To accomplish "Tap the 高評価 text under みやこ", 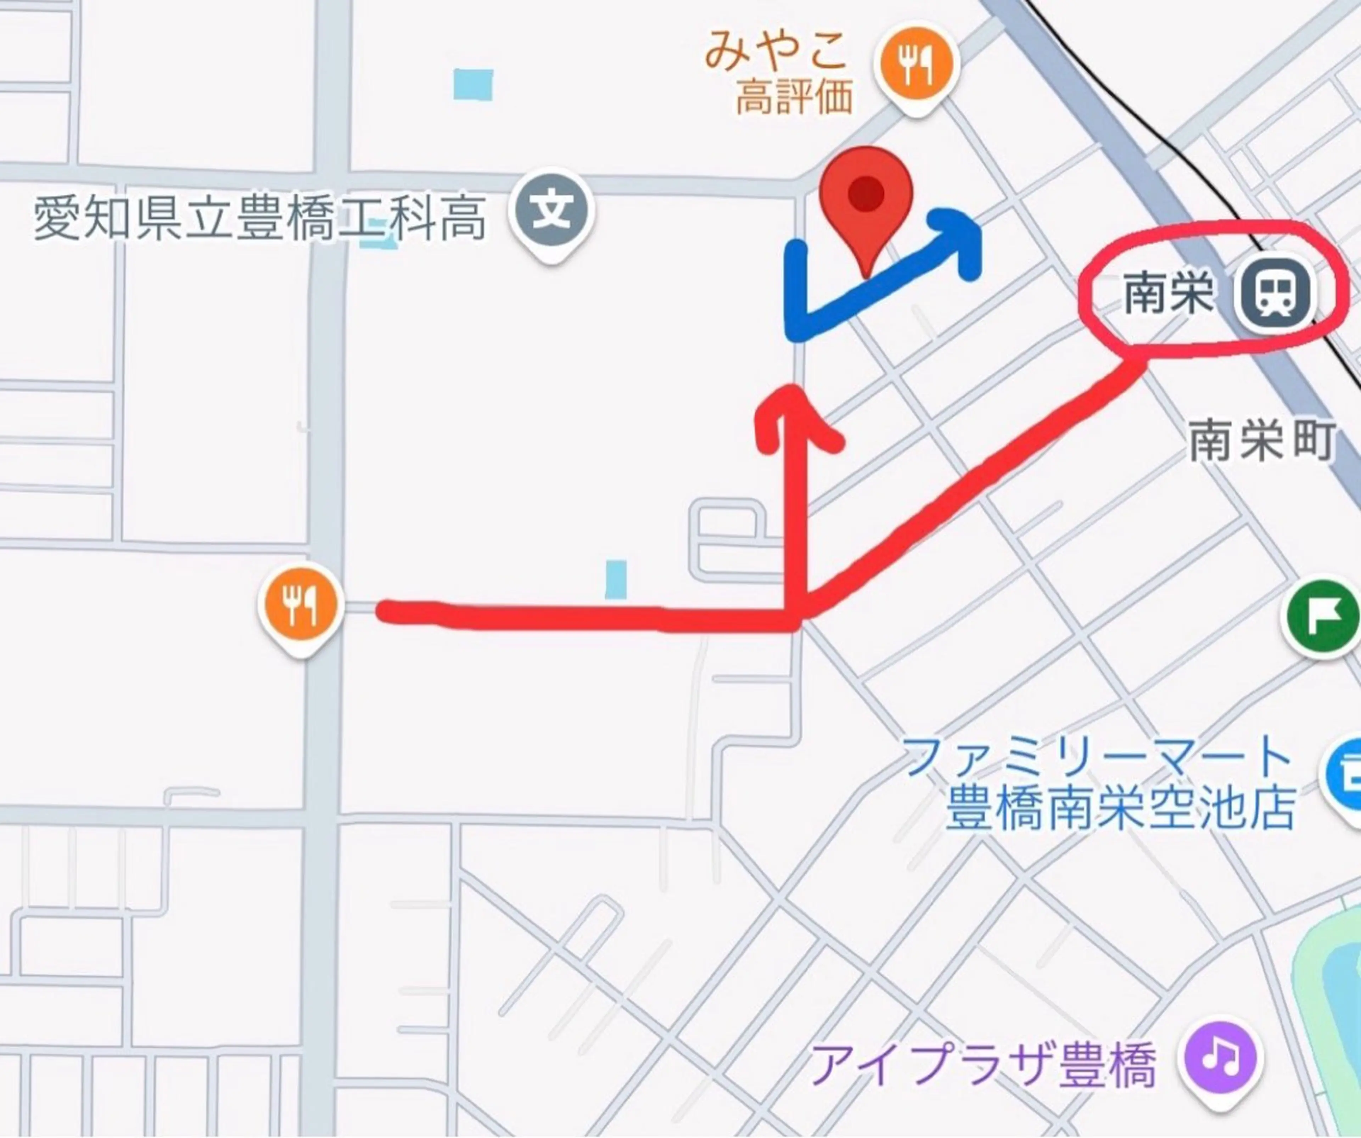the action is pos(794,99).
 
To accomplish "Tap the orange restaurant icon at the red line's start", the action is pos(300,605).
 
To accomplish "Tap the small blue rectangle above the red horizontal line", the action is pos(616,579).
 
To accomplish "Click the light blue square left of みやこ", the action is pos(473,84).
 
